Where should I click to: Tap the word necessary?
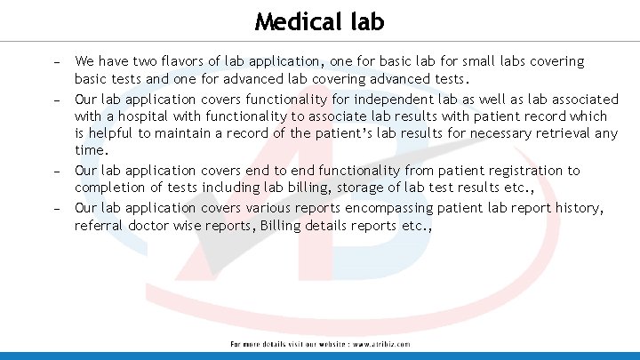[488, 134]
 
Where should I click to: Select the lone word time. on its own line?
[91, 152]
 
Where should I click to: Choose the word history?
[576, 207]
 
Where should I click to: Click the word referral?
[99, 226]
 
